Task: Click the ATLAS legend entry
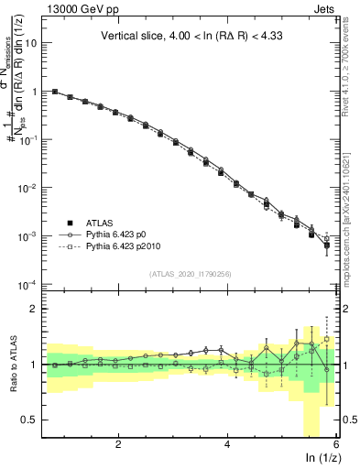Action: pos(100,223)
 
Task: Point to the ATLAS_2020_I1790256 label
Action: pos(190,274)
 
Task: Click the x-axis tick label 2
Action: pos(118,443)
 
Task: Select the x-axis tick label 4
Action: pos(227,443)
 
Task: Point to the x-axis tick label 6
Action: pos(336,443)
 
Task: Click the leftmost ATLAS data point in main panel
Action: pos(55,92)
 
